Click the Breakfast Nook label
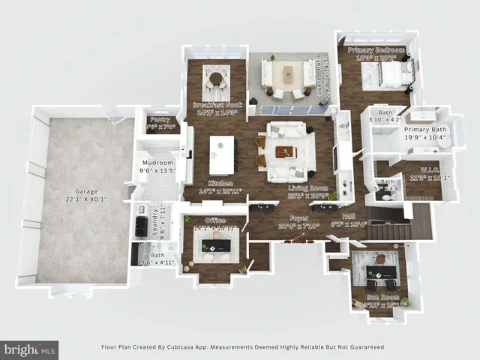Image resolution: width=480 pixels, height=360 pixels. click(217, 105)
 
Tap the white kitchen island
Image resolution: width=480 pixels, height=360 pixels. click(221, 154)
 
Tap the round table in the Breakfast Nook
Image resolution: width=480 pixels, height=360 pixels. click(216, 76)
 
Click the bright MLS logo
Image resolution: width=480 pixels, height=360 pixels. click(29, 349)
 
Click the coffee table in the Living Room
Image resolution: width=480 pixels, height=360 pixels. click(286, 152)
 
